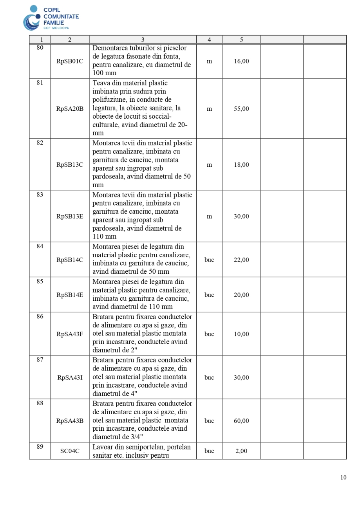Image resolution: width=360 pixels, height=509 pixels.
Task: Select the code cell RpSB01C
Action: point(70,61)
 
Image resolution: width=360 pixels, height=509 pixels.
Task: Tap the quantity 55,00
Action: point(241,109)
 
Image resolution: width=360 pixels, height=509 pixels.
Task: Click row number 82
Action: point(40,143)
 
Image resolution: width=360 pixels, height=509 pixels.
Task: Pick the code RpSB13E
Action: point(70,216)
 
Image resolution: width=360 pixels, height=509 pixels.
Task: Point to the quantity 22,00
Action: point(241,260)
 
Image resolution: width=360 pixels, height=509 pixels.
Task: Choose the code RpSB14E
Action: point(70,295)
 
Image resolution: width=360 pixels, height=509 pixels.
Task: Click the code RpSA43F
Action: point(70,334)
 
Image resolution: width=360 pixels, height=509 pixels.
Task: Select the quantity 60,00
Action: point(241,421)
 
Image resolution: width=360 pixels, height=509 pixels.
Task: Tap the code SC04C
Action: point(70,451)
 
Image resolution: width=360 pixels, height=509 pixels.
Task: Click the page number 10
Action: point(343,477)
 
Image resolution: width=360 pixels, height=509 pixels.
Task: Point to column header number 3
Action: point(143,40)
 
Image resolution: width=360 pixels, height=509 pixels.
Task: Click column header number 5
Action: point(241,40)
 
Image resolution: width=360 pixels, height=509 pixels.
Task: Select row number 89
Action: point(40,447)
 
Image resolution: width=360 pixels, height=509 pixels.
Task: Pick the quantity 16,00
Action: point(241,61)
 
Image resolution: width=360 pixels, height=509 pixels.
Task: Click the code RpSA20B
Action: point(70,109)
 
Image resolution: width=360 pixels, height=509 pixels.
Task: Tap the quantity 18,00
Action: point(241,165)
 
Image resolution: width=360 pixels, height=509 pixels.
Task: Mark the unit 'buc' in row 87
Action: point(209,377)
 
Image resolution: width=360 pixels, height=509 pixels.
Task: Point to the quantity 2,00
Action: point(241,451)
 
